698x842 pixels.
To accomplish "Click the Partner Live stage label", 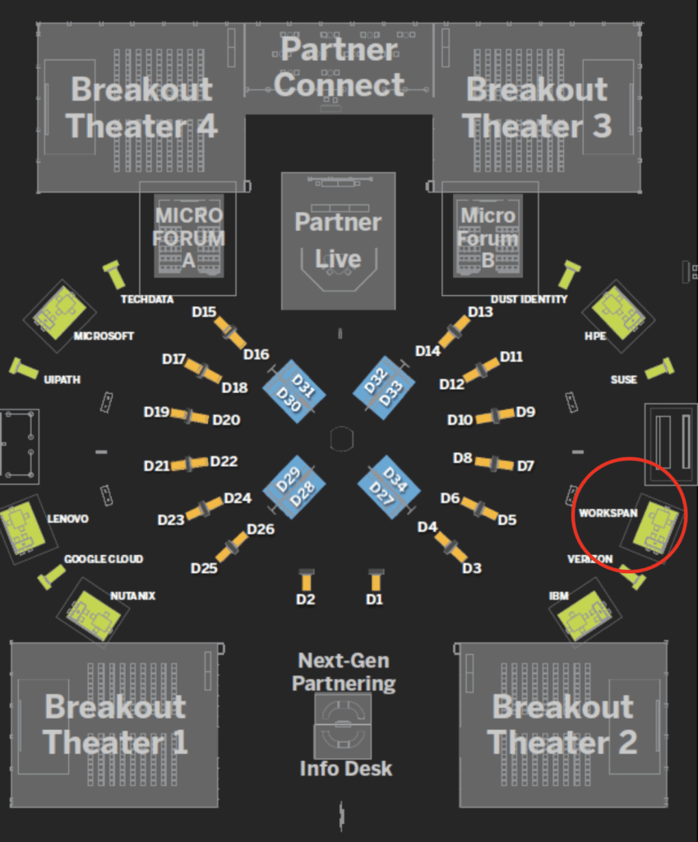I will (x=338, y=240).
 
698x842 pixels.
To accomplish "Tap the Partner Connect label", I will (x=339, y=67).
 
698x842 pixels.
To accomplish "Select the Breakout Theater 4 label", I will (x=141, y=107).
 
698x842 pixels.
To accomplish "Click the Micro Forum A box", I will (x=188, y=238).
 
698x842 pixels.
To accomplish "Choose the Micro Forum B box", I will (x=488, y=238).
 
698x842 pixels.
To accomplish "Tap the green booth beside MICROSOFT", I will (x=59, y=314).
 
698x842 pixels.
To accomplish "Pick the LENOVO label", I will (x=67, y=520).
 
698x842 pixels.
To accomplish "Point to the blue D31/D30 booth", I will (x=294, y=392).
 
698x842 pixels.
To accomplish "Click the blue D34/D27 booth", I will (x=389, y=486).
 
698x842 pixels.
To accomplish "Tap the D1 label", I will (x=374, y=599).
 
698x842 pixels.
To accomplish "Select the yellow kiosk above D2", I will (x=306, y=579).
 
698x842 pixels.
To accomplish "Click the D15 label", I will (x=204, y=312).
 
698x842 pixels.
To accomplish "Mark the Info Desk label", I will (x=345, y=769).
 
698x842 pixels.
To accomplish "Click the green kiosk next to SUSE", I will (x=659, y=369).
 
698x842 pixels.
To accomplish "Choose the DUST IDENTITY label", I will (x=529, y=299).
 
